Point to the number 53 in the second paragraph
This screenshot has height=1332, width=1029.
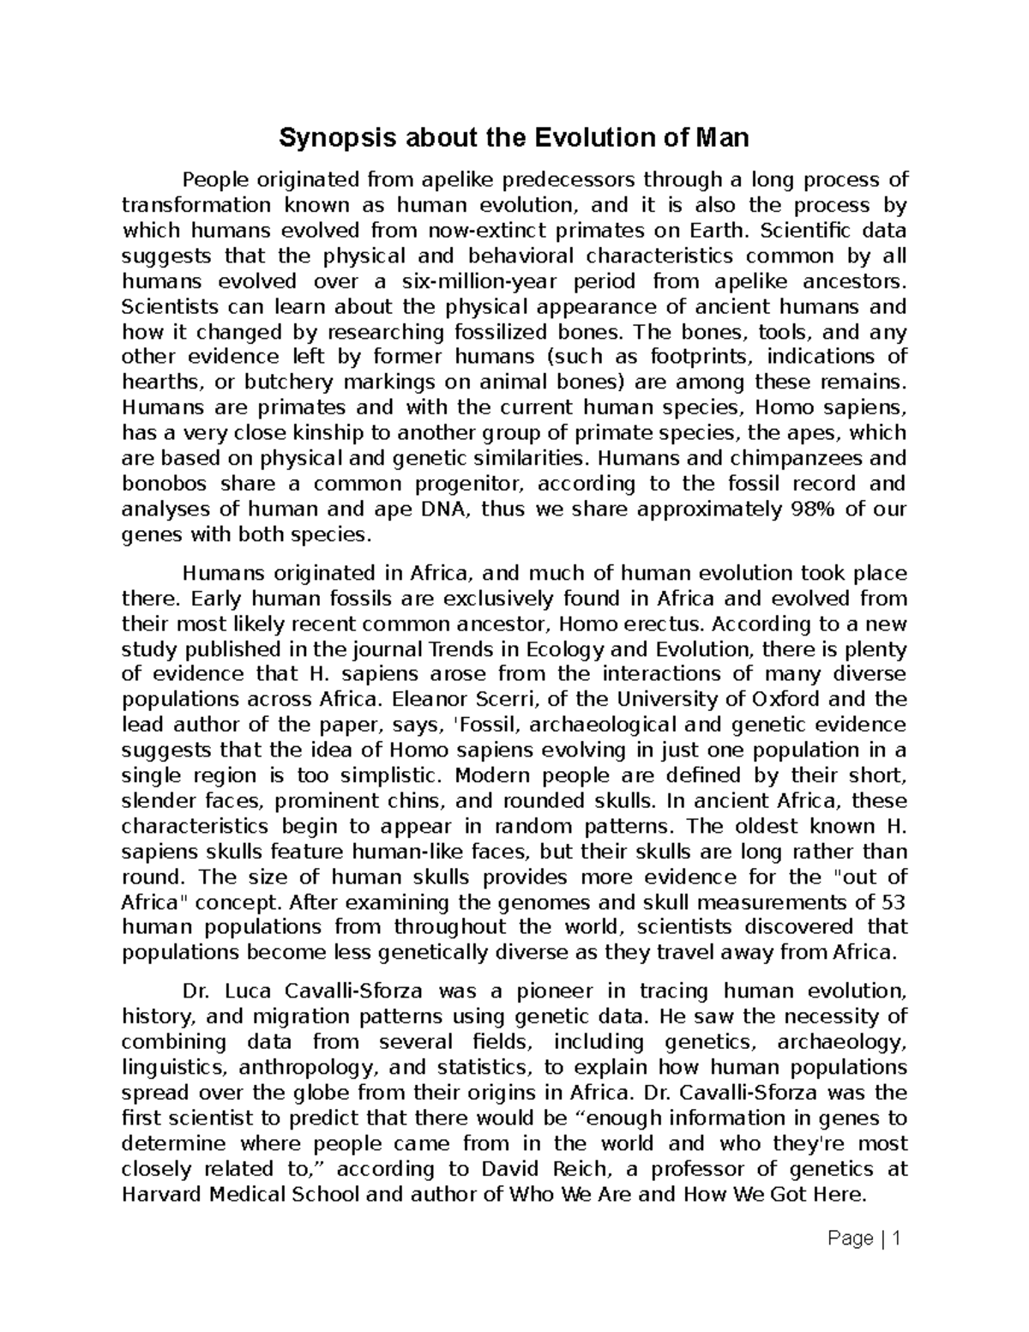[x=893, y=902]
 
